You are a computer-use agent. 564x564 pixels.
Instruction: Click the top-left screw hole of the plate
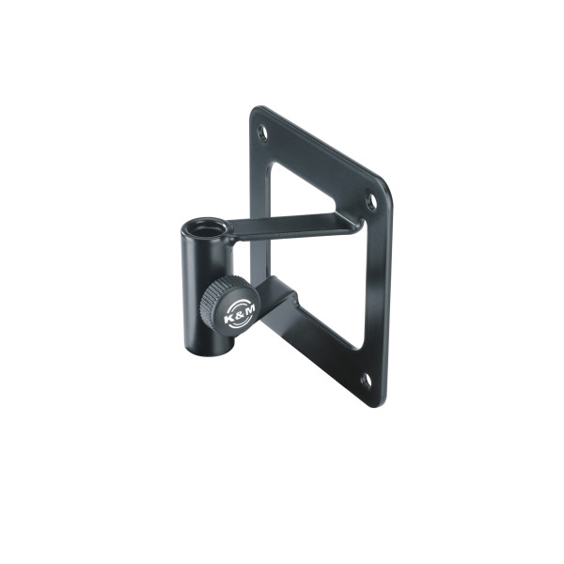click(263, 133)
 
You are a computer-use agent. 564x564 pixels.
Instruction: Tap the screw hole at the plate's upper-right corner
click(371, 201)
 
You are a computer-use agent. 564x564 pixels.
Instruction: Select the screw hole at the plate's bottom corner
click(367, 381)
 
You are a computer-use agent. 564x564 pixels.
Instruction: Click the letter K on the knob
click(227, 319)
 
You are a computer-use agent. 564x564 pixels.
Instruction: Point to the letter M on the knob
click(249, 309)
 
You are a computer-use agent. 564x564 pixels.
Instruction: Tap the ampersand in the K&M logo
click(239, 314)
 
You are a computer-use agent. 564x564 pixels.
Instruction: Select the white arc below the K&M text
click(241, 322)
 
